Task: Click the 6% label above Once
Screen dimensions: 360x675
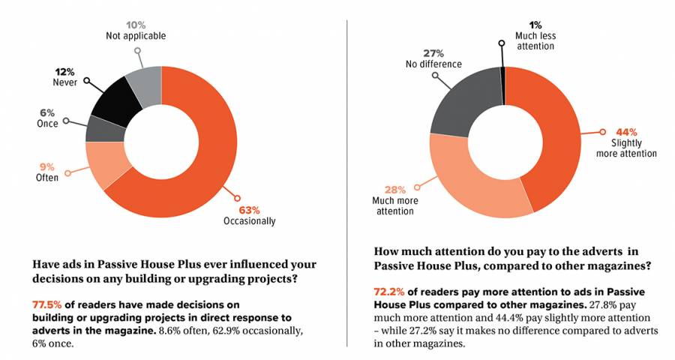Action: pyautogui.click(x=46, y=112)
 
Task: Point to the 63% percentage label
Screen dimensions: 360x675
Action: pyautogui.click(x=250, y=208)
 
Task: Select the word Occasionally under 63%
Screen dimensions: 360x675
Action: pyautogui.click(x=250, y=221)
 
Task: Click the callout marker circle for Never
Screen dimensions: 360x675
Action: pyautogui.click(x=86, y=79)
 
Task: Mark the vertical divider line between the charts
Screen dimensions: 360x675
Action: pyautogui.click(x=346, y=180)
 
